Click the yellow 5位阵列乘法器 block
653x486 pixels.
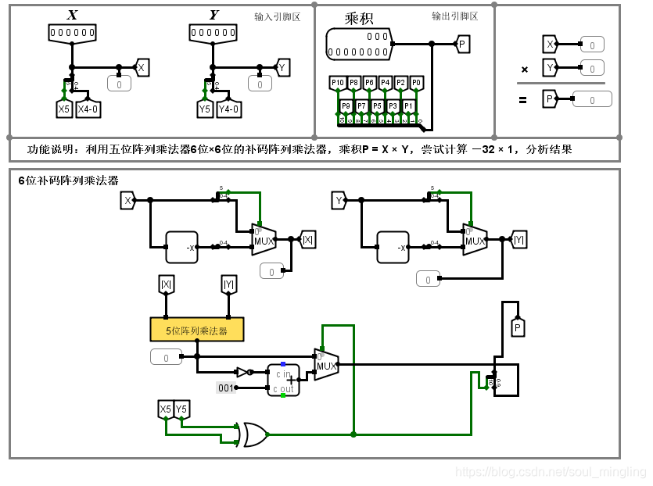[x=196, y=330]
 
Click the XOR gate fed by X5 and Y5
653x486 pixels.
[x=255, y=434]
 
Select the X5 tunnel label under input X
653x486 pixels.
[x=64, y=109]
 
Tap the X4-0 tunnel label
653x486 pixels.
[x=87, y=109]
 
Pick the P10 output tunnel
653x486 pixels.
[x=337, y=82]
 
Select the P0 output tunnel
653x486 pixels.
[x=416, y=82]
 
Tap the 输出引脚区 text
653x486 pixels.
[x=454, y=16]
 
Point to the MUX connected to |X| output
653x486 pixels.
[x=264, y=240]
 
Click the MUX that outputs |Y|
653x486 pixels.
[x=475, y=240]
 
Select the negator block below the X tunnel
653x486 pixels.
[x=181, y=247]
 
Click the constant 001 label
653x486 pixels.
[x=226, y=388]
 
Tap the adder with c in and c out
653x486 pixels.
[x=283, y=380]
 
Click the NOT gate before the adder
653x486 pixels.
[x=243, y=373]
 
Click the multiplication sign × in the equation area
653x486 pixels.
[x=525, y=70]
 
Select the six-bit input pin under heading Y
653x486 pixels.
[x=213, y=33]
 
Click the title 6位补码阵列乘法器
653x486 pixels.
[x=69, y=180]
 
